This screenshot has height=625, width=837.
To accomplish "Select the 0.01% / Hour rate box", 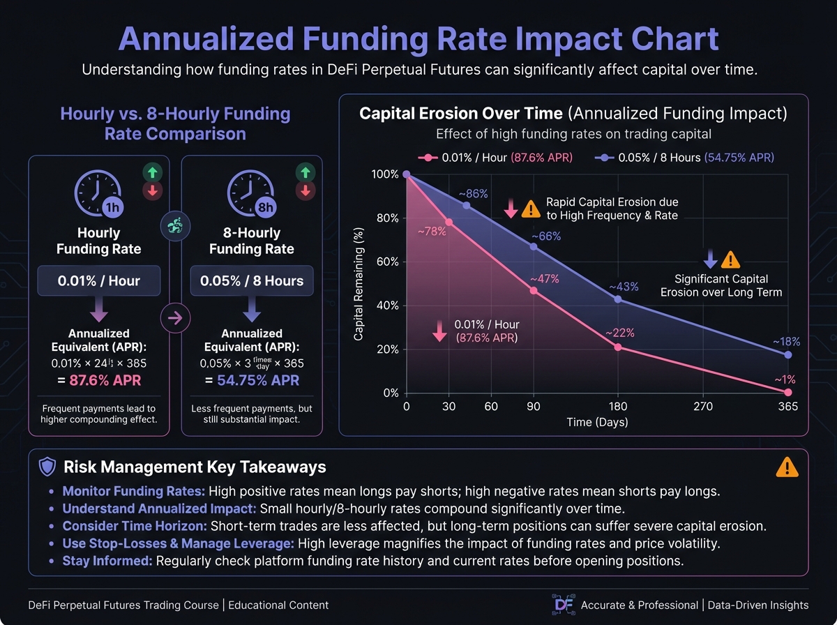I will click(98, 281).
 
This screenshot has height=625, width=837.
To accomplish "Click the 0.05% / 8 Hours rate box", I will click(252, 281).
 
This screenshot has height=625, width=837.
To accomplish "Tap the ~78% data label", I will click(432, 232).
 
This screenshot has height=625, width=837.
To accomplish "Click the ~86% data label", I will click(473, 193).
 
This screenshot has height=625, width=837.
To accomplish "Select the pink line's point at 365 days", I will click(788, 393).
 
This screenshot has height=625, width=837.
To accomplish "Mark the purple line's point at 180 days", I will click(618, 299).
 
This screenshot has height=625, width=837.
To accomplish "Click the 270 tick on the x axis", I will click(703, 407).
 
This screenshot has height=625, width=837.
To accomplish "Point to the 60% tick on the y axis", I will click(387, 262).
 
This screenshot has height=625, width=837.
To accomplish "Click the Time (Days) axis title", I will click(597, 422).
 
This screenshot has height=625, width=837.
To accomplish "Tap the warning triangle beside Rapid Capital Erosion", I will click(531, 208).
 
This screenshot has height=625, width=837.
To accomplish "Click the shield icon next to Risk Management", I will click(47, 467).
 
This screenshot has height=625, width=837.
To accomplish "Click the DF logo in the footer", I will click(561, 604).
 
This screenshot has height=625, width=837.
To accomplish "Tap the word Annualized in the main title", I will click(216, 40).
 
